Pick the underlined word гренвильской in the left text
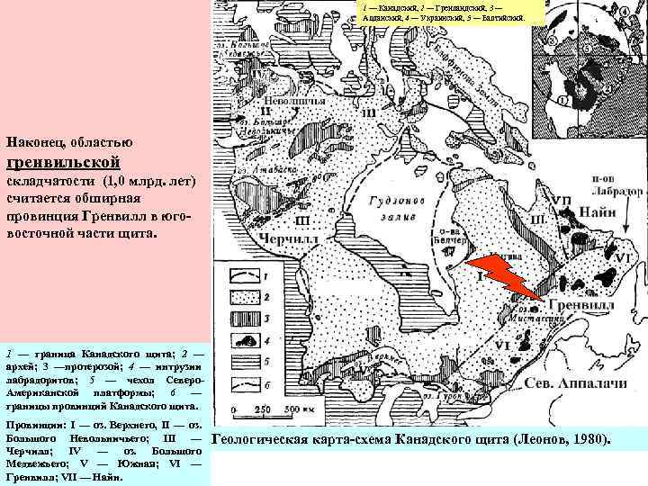coord(62,163)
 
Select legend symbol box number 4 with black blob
coord(245,339)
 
